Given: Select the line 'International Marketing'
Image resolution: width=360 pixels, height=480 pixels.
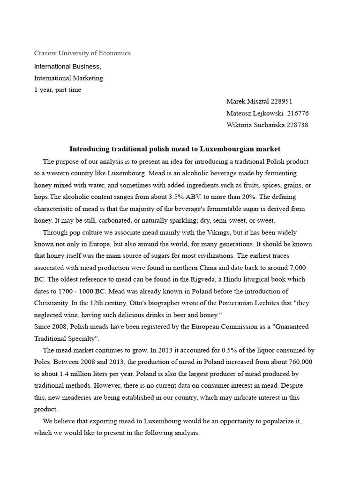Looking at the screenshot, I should (x=68, y=78).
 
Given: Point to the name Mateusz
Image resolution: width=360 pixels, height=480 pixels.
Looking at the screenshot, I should (x=240, y=113).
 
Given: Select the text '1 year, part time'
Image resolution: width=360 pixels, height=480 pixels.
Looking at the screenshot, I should (x=58, y=90).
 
